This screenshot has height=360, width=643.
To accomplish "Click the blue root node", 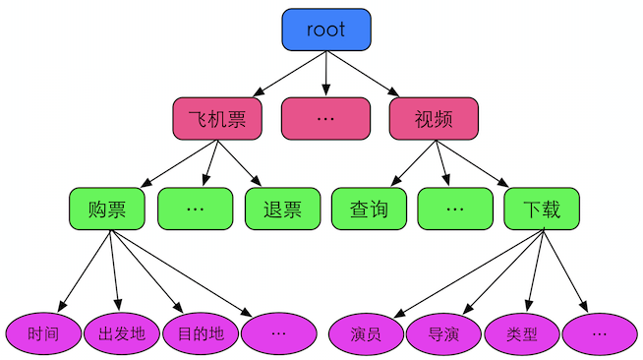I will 325,30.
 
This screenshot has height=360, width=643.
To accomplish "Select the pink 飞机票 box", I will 216,119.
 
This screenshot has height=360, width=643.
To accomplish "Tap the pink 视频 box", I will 434,119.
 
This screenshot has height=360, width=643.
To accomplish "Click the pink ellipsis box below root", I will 325,119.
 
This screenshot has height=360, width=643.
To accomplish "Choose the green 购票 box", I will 107,209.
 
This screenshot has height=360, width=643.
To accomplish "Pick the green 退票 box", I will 282,209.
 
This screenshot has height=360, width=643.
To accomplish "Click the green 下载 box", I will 542,209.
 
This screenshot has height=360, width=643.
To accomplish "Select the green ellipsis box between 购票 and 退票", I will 195,209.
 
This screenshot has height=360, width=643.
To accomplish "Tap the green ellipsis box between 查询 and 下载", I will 454,209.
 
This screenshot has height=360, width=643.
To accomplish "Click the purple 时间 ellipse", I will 43,333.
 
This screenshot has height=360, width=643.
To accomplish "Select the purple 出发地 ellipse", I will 122,333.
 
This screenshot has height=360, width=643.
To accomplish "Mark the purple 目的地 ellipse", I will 201,333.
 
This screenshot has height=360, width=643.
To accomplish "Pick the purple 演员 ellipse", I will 365,333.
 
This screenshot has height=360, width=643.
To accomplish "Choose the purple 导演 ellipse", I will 443,333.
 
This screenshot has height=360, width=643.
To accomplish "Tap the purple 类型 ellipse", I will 522,333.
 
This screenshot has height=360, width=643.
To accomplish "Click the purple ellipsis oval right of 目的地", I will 279,333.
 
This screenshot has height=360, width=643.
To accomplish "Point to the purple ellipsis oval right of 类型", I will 600,333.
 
